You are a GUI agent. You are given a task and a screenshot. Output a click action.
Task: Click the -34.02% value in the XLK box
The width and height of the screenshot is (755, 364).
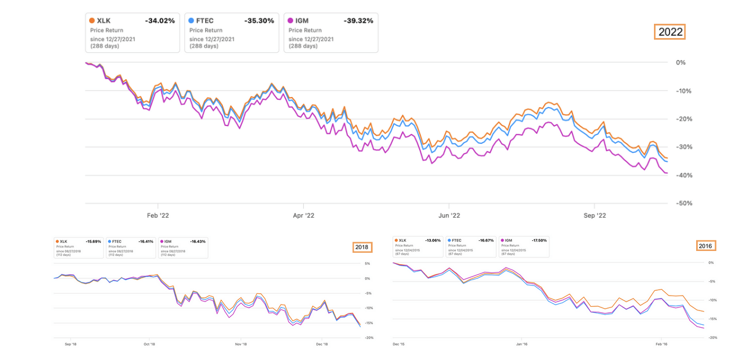coord(159,21)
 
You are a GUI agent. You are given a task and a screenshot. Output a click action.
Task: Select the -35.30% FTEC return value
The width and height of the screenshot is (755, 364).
coord(259,21)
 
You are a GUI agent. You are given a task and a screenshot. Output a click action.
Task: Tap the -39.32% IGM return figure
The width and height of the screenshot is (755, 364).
coord(358,21)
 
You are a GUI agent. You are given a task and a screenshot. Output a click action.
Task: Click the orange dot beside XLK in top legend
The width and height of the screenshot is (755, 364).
coord(92,21)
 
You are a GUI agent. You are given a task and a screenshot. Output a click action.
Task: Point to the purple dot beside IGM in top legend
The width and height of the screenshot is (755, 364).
coord(290,21)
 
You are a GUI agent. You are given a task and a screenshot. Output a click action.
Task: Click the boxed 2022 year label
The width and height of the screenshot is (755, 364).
coord(669,32)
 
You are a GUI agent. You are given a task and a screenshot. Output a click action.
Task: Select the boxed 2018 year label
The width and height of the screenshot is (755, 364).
coord(361,246)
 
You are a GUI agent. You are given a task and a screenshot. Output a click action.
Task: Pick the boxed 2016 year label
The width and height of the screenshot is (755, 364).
coord(706,245)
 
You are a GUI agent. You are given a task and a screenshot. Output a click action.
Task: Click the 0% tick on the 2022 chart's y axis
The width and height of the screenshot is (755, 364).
coord(681,62)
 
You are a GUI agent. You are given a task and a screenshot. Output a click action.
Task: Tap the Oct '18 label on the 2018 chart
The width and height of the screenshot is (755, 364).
coord(149,344)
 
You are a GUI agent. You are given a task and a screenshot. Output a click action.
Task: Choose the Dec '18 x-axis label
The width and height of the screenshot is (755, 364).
coord(322,344)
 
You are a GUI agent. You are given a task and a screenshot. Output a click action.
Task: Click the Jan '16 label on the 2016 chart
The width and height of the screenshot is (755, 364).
coord(521,344)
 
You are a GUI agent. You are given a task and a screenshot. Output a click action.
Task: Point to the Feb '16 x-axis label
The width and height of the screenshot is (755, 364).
coord(661,344)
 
